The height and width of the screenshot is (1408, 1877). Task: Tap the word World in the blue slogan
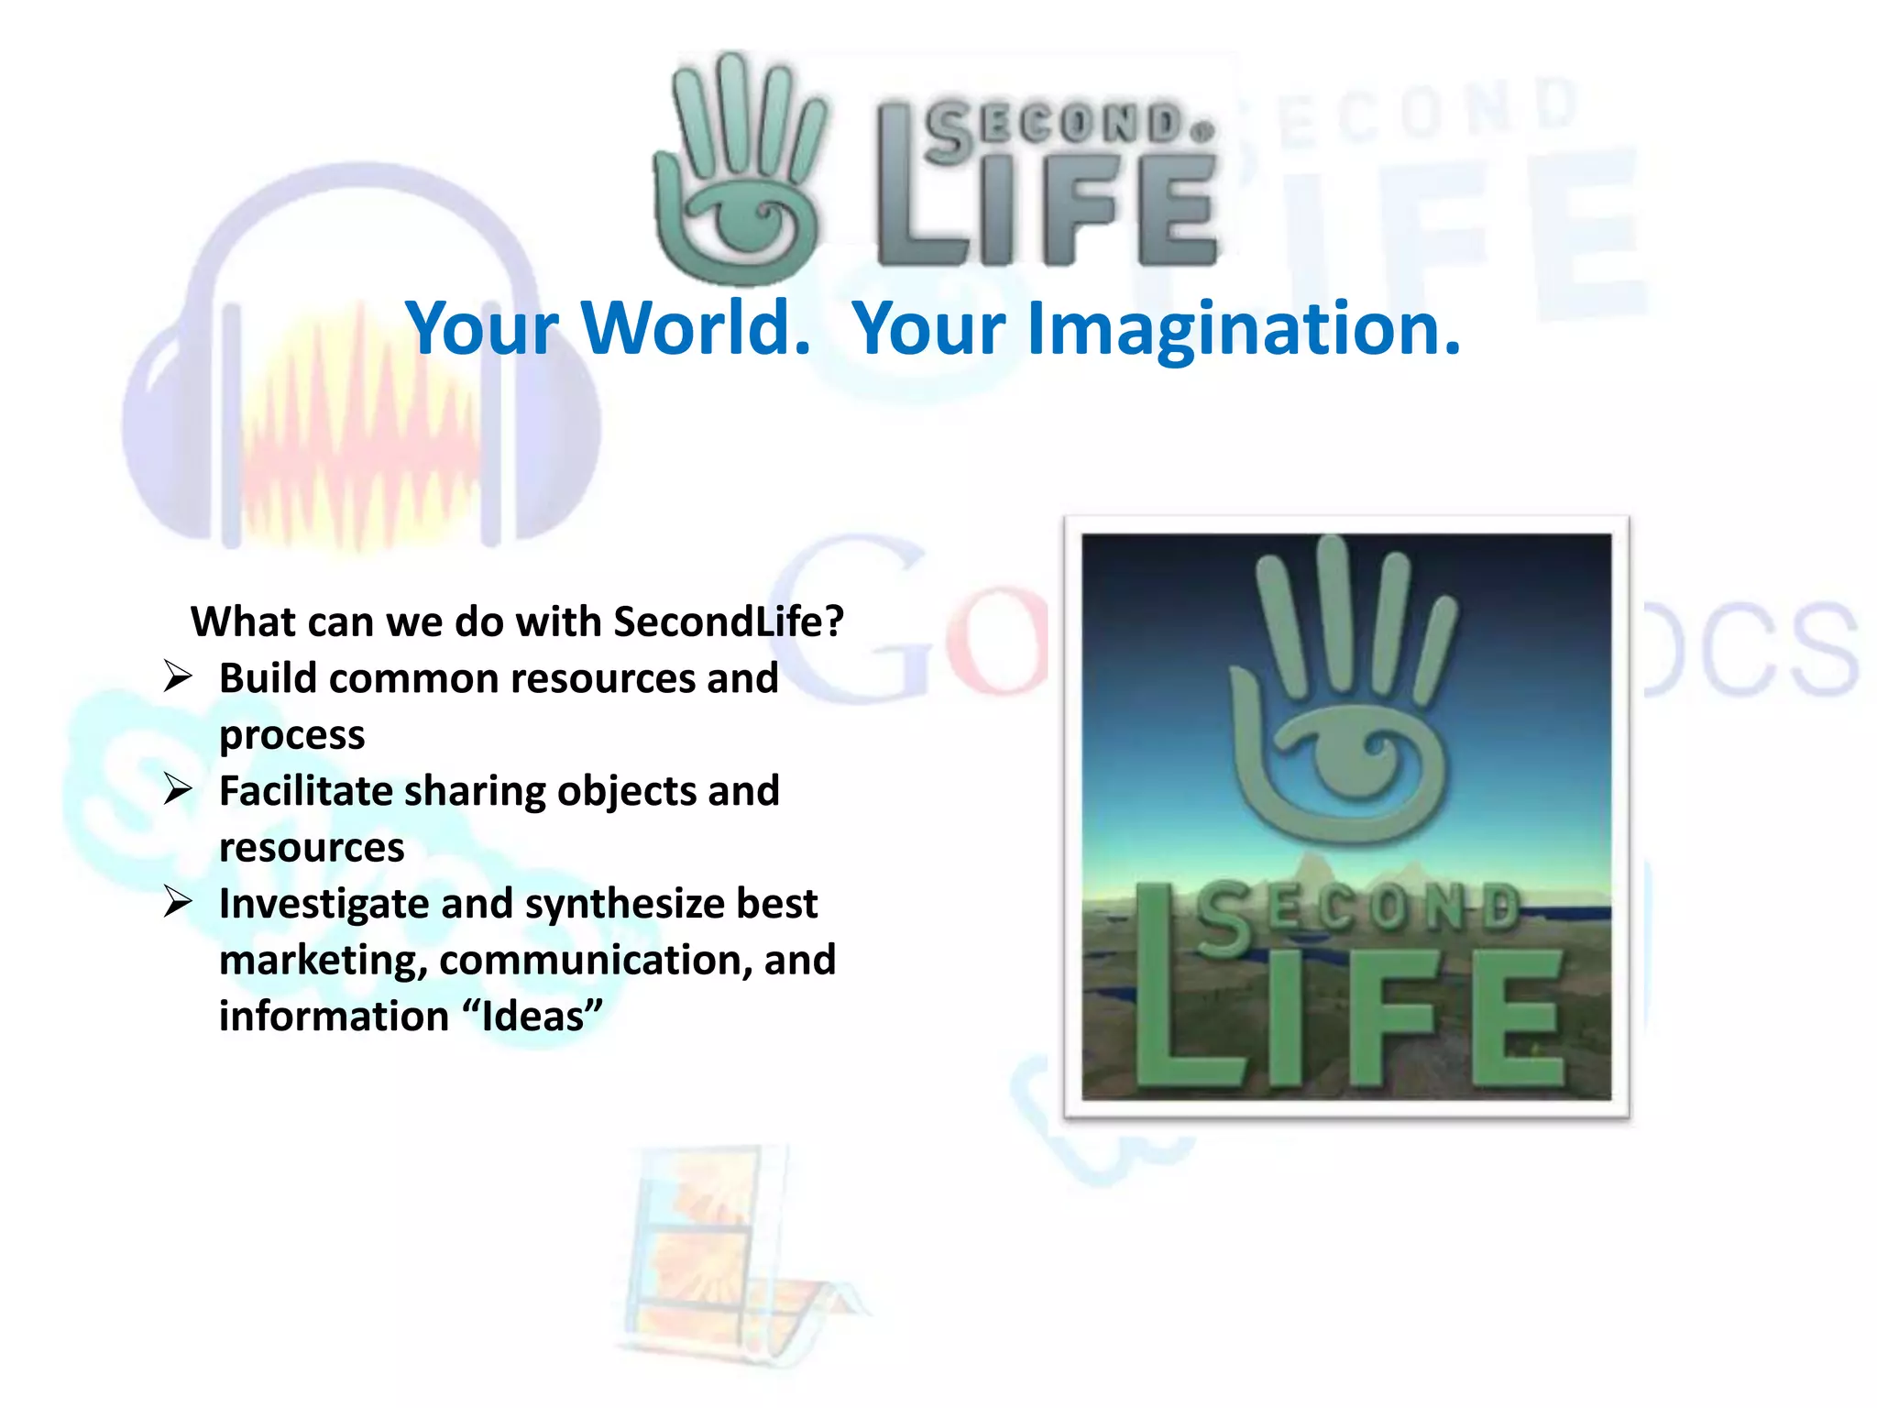coord(697,328)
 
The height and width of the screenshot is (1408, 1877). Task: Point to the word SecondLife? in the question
coord(729,622)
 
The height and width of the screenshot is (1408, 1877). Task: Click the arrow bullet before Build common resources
coord(178,677)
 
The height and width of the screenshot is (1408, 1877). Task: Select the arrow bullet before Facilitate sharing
coord(178,789)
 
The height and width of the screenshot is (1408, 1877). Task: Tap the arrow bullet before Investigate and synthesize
coord(178,902)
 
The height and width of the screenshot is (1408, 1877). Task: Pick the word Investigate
coord(324,905)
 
